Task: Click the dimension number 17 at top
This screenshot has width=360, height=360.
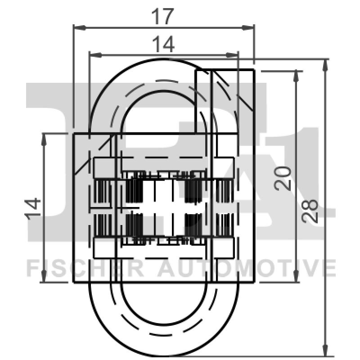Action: (162, 17)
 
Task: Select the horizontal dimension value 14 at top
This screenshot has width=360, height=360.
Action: (162, 45)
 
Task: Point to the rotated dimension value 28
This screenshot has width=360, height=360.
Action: (310, 211)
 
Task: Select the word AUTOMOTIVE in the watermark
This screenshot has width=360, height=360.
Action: (245, 269)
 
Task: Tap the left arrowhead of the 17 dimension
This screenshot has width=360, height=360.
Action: (77, 27)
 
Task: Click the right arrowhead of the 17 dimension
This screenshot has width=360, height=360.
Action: (250, 27)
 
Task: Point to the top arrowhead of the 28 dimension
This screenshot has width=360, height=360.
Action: (325, 63)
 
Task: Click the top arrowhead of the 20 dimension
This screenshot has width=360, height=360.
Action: (296, 75)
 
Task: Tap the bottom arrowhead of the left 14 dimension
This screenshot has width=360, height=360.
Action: (44, 277)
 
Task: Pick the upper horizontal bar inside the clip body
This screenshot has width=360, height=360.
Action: (164, 168)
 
